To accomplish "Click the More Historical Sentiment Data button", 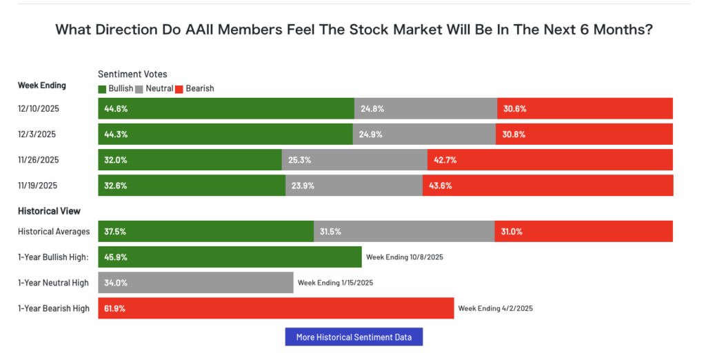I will (x=353, y=337).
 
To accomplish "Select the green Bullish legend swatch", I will (x=103, y=88).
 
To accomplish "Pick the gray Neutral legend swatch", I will (x=139, y=88).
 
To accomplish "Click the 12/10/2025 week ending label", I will (x=39, y=108).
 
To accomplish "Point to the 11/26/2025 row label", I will (x=39, y=159).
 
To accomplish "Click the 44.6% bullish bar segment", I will (x=226, y=108).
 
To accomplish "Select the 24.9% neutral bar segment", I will (x=424, y=134).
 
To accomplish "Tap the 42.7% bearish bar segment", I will (x=550, y=159).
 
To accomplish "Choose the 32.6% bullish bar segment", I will (x=192, y=185).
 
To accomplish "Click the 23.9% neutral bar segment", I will (x=354, y=185).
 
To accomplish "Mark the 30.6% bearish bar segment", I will (x=585, y=108).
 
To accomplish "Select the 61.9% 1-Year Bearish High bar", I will (x=276, y=308).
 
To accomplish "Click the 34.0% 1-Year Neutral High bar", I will (x=196, y=283).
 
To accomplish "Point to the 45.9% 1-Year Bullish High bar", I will (x=230, y=257).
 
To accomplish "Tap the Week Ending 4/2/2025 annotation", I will (x=495, y=308).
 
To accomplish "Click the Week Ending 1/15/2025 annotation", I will (x=335, y=283).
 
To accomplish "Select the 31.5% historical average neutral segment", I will (x=404, y=231).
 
